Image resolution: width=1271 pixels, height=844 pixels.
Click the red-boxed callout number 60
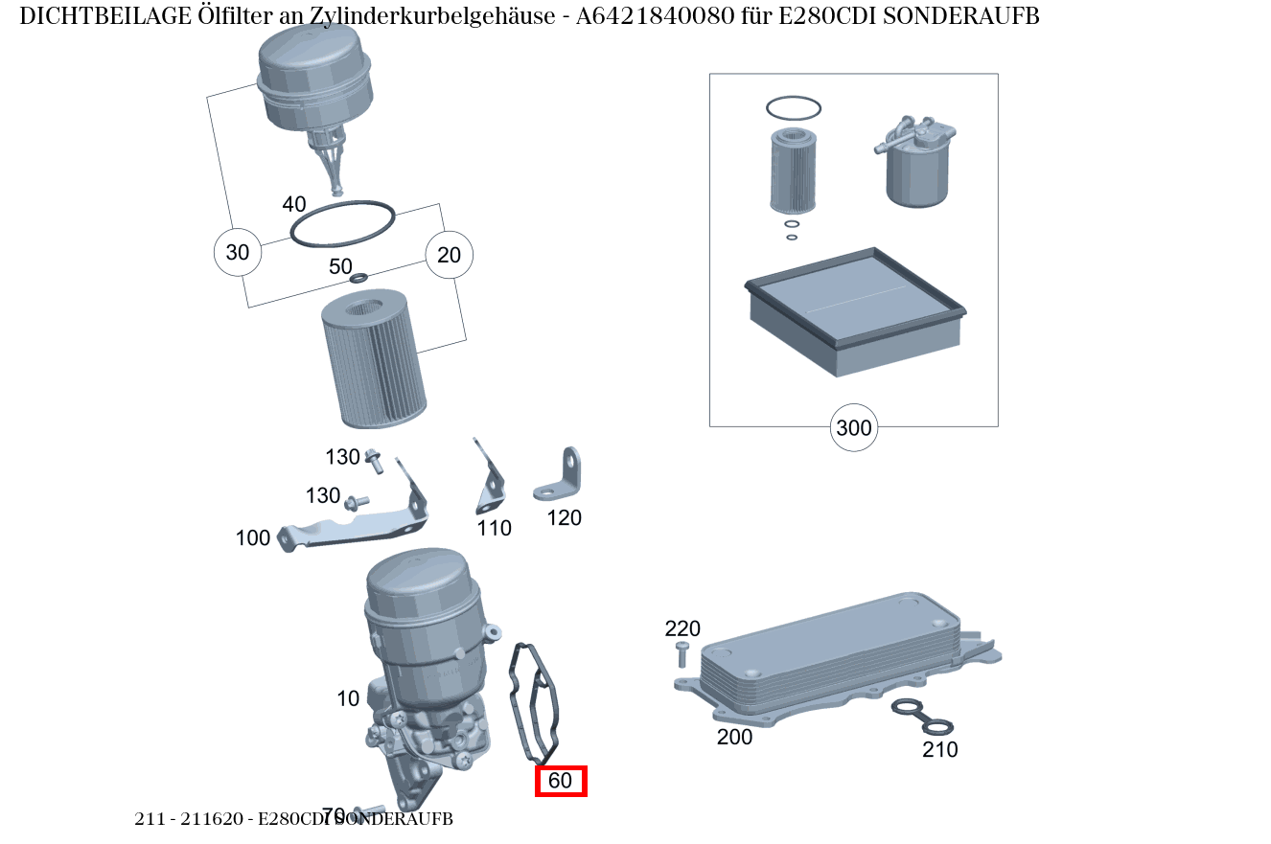click(560, 781)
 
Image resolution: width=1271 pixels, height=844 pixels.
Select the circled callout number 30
click(237, 253)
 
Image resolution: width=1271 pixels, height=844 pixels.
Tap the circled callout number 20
click(449, 255)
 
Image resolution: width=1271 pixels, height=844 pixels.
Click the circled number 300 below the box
click(853, 427)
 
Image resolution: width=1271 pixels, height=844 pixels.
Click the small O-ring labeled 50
click(358, 279)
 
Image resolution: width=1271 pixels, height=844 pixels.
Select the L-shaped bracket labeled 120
click(560, 478)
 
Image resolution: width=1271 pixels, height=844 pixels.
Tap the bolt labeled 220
click(682, 655)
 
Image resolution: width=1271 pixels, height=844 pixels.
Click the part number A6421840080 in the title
click(657, 16)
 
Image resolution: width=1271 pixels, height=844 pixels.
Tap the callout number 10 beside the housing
click(348, 698)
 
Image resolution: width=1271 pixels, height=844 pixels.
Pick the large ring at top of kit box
click(793, 108)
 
